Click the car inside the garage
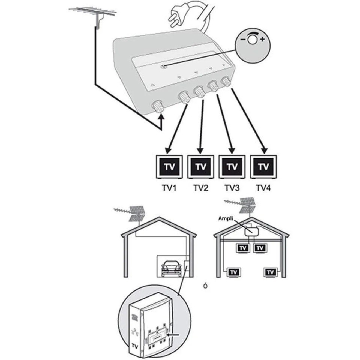coord(171,268)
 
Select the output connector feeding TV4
coord(226,82)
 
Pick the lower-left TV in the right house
coord(234,272)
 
